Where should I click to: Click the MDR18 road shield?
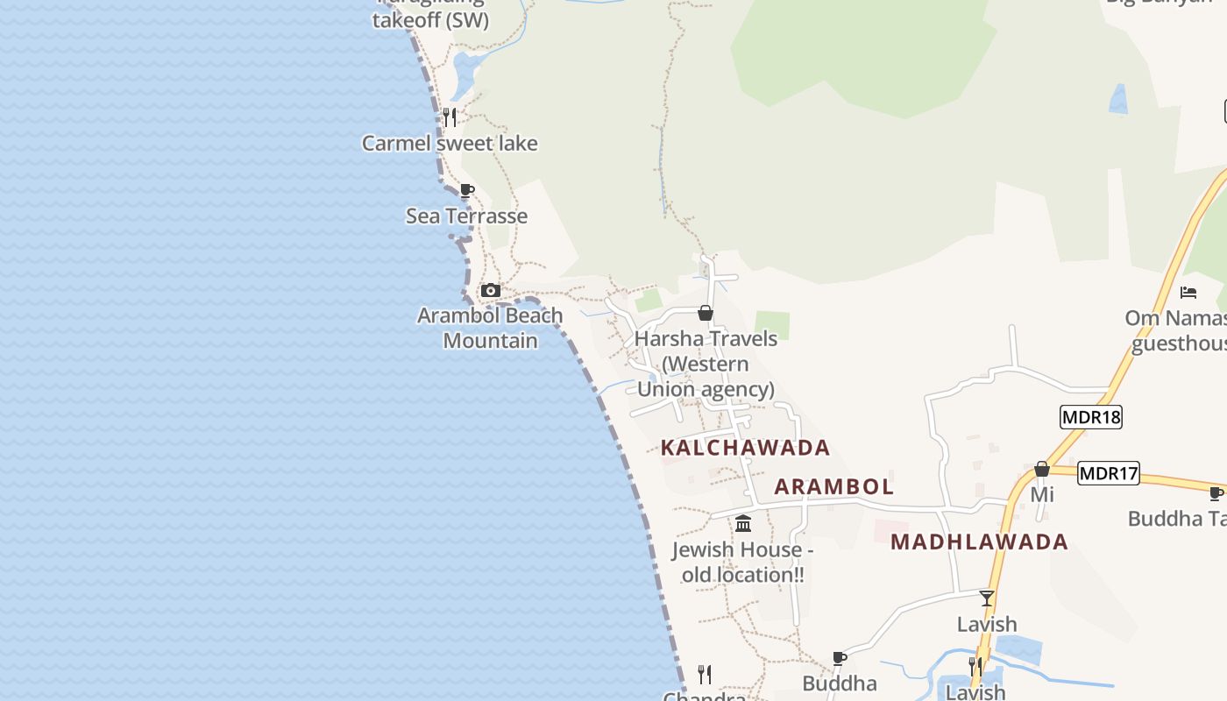point(1090,416)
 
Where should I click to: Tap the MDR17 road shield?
point(1108,474)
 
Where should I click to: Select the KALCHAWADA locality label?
point(745,448)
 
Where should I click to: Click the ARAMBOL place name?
point(833,486)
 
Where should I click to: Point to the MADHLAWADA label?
point(979,542)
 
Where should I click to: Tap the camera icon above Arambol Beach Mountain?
point(491,291)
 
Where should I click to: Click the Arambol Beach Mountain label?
point(490,328)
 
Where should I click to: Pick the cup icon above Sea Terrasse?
point(467,191)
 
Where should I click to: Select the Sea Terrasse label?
point(466,216)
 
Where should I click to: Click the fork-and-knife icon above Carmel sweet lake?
point(450,117)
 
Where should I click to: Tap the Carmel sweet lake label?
point(450,143)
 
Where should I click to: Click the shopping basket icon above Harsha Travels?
point(705,313)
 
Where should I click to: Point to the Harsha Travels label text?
point(706,364)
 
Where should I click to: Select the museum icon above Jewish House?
point(743,524)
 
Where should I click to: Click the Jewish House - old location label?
point(742,563)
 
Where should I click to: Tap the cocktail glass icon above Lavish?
point(987,598)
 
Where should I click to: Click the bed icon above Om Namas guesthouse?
point(1188,292)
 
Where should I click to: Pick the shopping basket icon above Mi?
point(1041,470)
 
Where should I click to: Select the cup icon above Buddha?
point(839,658)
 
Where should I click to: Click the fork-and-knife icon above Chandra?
point(705,674)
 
